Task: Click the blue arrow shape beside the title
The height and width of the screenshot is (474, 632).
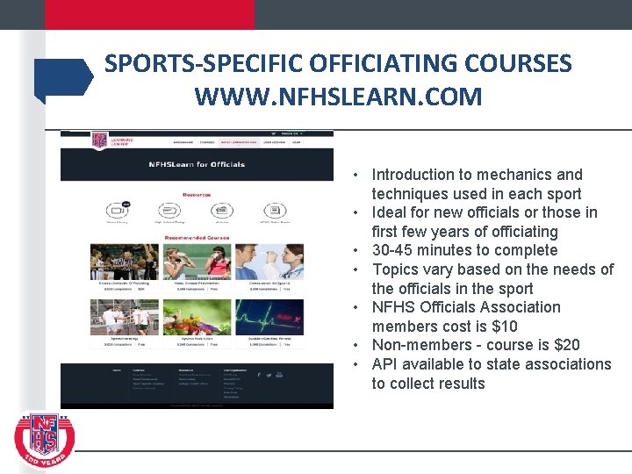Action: (x=63, y=76)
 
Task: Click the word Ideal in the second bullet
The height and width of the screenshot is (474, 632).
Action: (x=391, y=212)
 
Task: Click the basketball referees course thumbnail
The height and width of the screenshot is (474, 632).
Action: (x=124, y=262)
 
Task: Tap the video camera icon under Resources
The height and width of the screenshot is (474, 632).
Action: (x=117, y=211)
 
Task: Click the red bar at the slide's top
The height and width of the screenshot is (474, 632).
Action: (x=127, y=14)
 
